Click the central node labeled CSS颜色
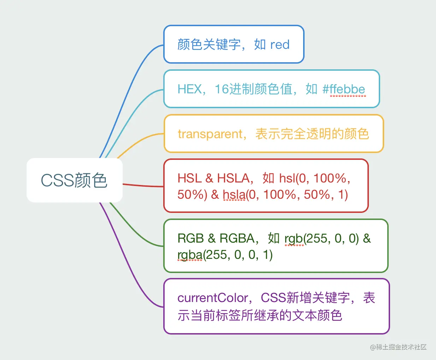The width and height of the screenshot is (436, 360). pos(74,180)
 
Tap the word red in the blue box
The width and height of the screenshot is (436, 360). pos(279,45)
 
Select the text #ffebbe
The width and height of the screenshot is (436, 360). pos(344,89)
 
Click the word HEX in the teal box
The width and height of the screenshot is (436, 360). pos(189,89)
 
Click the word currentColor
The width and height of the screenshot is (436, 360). pos(213,298)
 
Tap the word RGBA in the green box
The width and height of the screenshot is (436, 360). pos(237,238)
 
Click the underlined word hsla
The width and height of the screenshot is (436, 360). pos(234,194)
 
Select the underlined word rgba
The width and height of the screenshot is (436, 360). pos(190,255)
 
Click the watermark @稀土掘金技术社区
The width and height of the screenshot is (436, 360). pos(398,347)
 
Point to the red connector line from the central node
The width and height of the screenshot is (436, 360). pos(143,185)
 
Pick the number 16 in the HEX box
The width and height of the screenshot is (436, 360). pos(222,89)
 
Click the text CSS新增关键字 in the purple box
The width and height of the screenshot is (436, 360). pos(305,298)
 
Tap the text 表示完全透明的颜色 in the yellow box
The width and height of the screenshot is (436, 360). pos(312,134)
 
